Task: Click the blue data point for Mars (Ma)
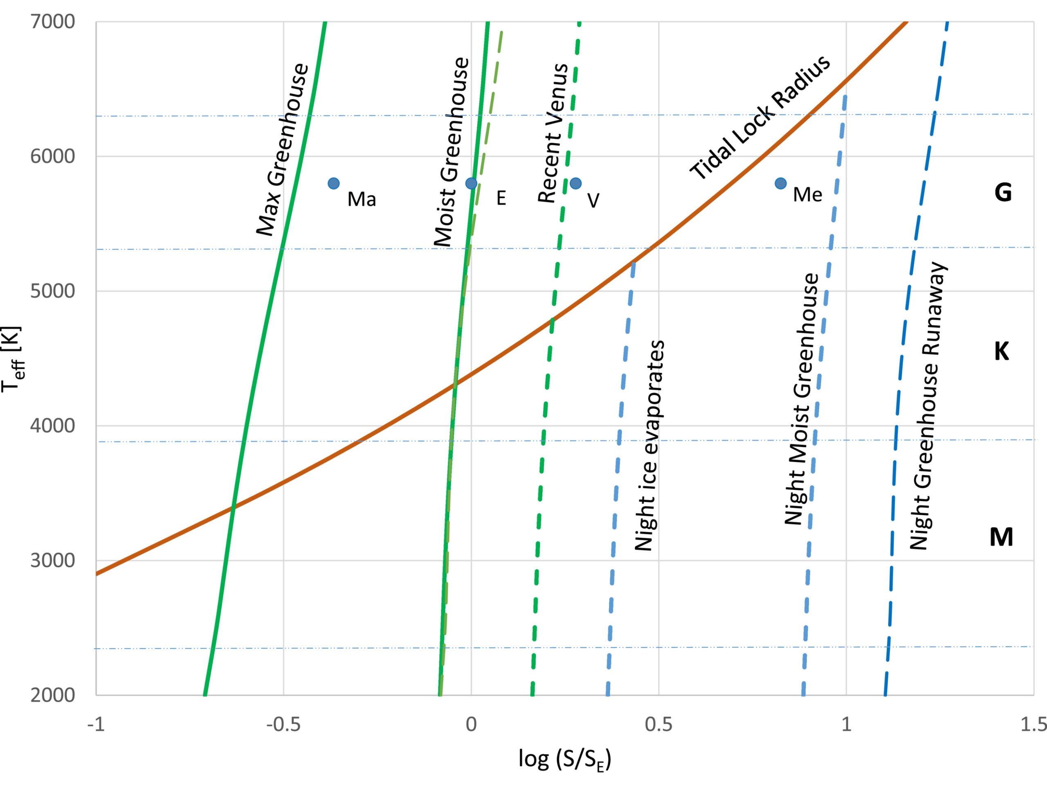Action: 334,183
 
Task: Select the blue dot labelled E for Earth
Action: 471,183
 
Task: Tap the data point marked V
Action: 575,183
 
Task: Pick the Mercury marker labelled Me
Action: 780,183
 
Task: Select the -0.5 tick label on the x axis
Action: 283,724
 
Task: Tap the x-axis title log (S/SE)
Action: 565,759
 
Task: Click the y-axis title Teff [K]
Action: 11,358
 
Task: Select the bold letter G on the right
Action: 1003,193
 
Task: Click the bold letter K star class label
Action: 1002,352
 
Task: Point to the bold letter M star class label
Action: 1001,537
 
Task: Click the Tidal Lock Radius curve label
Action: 760,117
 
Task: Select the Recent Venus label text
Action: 553,133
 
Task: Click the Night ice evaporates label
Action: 649,445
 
